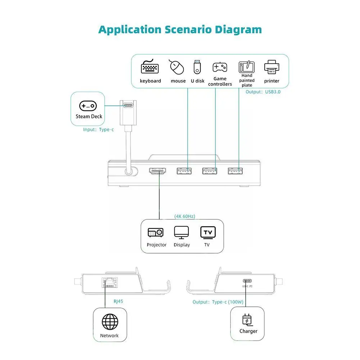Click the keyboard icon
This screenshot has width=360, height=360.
150,67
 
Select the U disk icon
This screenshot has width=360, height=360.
197,67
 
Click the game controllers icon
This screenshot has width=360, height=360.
220,67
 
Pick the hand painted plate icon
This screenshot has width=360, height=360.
247,67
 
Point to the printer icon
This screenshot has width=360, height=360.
272,67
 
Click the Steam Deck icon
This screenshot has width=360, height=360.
88,106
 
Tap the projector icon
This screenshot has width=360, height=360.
156,233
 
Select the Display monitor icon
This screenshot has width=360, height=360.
181,233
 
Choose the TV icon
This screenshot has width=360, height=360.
208,232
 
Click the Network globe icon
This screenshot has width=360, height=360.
109,321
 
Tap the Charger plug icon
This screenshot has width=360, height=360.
248,320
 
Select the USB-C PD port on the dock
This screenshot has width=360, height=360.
247,281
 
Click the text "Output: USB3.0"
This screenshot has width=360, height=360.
263,92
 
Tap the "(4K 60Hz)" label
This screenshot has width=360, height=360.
185,216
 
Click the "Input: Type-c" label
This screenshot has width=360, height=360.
98,129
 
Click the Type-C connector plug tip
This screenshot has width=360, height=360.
128,105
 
